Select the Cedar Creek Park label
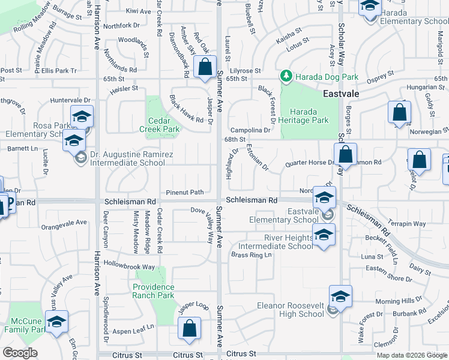tap(160, 125)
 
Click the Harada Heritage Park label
tap(309, 116)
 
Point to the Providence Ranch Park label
tap(153, 291)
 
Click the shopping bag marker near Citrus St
tap(189, 328)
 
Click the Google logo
tap(20, 353)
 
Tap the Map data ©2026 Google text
tap(411, 355)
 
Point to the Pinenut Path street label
tap(185, 192)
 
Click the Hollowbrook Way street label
tap(129, 266)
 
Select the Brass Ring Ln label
tap(252, 255)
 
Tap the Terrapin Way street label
tap(406, 224)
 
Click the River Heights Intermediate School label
tap(276, 242)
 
